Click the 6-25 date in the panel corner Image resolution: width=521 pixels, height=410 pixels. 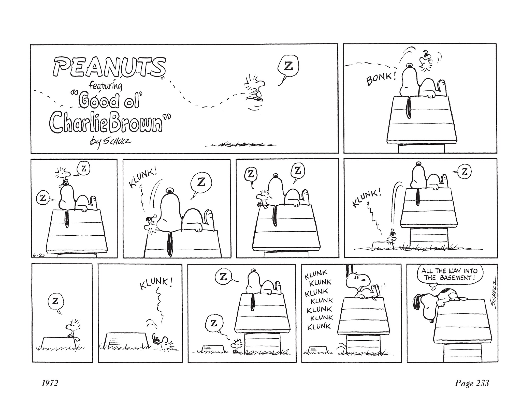(39, 255)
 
